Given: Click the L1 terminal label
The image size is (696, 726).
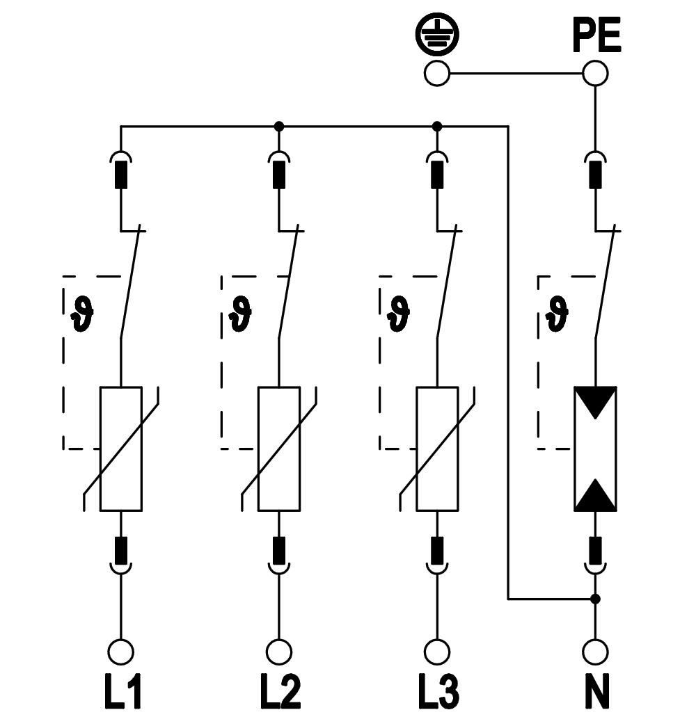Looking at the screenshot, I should click(x=122, y=691).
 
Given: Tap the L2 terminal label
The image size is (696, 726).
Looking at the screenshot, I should click(x=280, y=691).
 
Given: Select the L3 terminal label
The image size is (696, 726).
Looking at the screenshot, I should click(x=438, y=691).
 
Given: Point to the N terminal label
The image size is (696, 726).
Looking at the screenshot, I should click(x=595, y=691).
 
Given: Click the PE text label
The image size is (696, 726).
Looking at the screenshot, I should click(x=596, y=36).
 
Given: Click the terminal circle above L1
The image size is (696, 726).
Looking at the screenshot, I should click(x=121, y=652).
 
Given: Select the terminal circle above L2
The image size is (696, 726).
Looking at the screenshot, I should click(x=279, y=652).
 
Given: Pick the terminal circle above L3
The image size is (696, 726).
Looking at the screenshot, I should click(x=437, y=652).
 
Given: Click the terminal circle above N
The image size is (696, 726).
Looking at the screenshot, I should click(x=595, y=652).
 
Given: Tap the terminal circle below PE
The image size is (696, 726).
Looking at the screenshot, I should click(x=595, y=73).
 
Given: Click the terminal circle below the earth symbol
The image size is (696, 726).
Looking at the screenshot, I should click(x=437, y=73).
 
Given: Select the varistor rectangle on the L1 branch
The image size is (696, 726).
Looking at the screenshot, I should click(x=121, y=449).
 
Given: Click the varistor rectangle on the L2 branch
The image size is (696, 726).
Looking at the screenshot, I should click(x=279, y=449).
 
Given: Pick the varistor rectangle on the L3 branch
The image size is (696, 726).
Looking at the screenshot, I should click(x=437, y=449).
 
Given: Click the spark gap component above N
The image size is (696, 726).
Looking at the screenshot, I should click(x=595, y=449).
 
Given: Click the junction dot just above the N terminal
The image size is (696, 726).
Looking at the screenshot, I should click(x=595, y=598).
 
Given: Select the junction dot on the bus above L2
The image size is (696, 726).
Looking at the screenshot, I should click(x=279, y=127).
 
